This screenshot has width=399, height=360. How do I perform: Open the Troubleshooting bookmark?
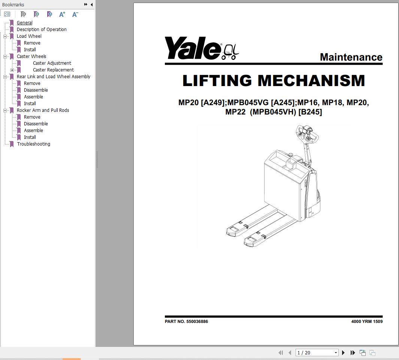point(33,144)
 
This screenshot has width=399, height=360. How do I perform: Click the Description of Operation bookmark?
point(42,30)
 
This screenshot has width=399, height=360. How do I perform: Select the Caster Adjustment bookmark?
point(52,63)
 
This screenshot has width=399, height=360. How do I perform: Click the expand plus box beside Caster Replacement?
point(12,70)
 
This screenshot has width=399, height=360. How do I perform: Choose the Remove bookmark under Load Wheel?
point(32,43)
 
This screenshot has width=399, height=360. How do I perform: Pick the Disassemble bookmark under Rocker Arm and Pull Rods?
point(36,124)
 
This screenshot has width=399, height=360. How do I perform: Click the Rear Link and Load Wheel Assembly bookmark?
point(53,77)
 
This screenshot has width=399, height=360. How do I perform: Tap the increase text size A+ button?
point(62,14)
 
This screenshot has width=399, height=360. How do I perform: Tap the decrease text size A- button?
point(75,14)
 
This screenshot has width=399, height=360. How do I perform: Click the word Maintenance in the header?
point(351,57)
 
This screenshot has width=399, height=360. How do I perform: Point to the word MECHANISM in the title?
point(311,81)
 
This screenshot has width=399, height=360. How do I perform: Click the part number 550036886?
point(197,321)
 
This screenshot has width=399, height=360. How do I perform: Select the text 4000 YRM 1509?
point(367,321)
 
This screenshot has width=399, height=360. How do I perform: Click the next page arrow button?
point(343,353)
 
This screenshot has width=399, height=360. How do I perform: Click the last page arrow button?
point(353,353)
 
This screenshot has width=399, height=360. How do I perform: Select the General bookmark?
point(24,23)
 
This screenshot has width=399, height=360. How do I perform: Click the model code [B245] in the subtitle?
point(310,112)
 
